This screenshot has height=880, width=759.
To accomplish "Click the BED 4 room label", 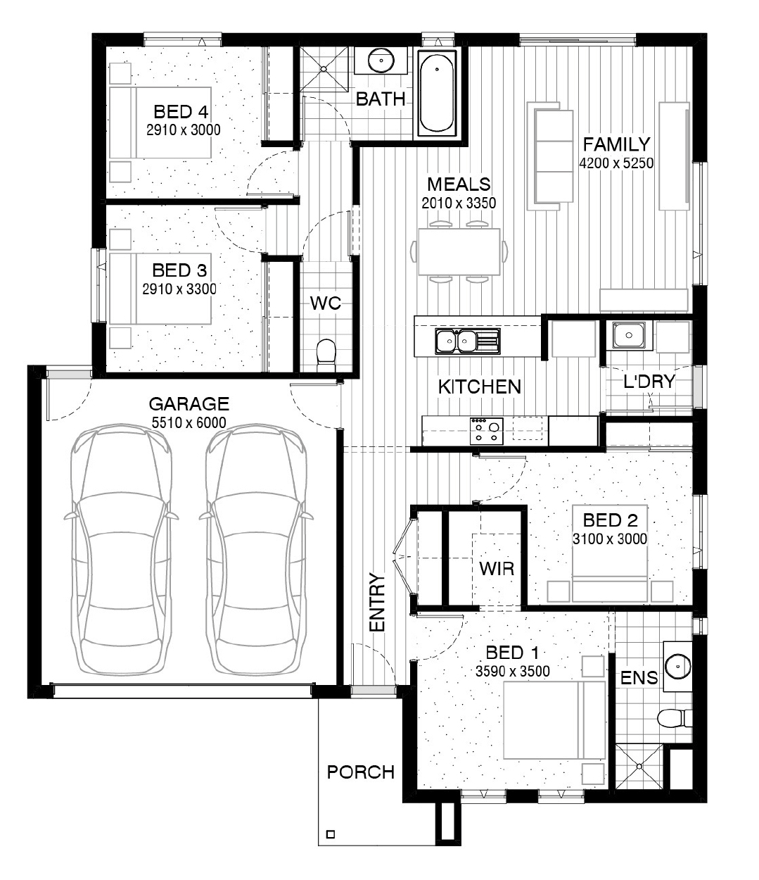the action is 181,112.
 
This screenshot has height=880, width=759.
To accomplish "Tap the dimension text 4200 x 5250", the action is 616,163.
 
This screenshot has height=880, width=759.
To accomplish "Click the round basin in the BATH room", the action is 381,61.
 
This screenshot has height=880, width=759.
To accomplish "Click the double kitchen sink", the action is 468,341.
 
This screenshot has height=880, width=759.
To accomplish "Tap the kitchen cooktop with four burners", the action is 486,431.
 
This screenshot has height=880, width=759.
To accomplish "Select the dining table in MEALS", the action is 459,251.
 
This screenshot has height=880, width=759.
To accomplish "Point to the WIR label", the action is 497,569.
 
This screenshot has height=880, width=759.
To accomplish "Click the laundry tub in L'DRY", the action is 629,336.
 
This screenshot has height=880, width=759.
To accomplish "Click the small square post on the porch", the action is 331,834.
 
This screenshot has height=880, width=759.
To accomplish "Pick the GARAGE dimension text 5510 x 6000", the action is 189,422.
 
